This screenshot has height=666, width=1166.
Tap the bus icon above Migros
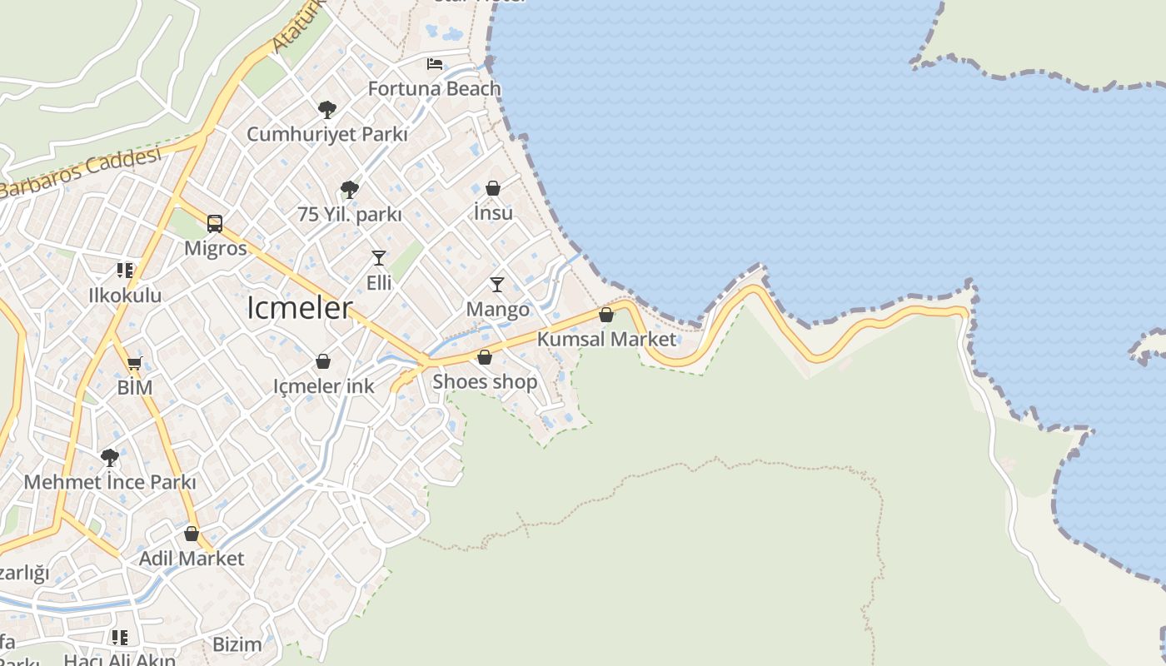(215, 223)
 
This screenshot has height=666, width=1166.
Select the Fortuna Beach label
(434, 88)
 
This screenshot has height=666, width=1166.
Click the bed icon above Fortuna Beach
(434, 63)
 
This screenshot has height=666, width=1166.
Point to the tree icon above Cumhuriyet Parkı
(326, 109)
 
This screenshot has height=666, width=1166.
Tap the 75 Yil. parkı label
(350, 214)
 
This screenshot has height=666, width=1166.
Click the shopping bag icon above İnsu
(493, 188)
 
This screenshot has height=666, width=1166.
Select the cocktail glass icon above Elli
(379, 257)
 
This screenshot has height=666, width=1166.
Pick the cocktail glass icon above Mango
(497, 285)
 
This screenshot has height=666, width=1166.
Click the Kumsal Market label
(606, 339)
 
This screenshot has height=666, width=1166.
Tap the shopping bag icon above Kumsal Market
(606, 315)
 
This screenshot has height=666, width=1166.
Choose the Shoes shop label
(485, 381)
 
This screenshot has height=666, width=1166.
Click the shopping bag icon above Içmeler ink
(323, 361)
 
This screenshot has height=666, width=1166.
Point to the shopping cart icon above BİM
(134, 363)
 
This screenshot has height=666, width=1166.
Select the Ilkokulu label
(125, 295)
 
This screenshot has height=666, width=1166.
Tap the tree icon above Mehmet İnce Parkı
(109, 457)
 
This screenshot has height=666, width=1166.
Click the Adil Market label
(192, 558)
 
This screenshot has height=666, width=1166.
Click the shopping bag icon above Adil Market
(192, 534)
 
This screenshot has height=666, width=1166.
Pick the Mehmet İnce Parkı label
(110, 482)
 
